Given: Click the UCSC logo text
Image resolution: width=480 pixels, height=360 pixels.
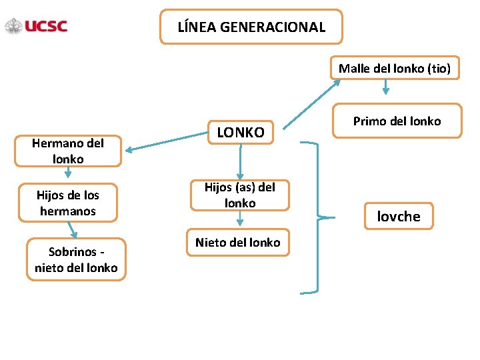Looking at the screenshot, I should [x=46, y=27].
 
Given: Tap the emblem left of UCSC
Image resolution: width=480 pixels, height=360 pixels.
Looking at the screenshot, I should [x=13, y=27].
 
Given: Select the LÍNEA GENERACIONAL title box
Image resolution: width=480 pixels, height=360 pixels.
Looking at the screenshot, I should [x=251, y=27].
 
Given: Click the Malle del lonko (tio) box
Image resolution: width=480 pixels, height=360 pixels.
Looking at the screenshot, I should [x=395, y=68].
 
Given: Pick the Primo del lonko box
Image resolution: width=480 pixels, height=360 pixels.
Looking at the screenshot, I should [x=397, y=121].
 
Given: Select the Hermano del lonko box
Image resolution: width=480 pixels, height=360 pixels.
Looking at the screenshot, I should [x=68, y=151].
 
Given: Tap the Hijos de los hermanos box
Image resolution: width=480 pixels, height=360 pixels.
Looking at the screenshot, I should [x=68, y=203].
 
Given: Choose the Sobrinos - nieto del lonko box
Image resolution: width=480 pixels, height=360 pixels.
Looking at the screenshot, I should [x=76, y=260].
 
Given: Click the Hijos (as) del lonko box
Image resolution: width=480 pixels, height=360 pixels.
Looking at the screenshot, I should [x=240, y=195].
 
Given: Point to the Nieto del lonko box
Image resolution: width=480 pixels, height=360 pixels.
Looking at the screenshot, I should [x=238, y=243].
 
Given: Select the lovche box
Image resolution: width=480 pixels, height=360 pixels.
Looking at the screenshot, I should [x=399, y=216].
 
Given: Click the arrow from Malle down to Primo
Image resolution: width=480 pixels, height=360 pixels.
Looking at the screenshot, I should [x=386, y=89].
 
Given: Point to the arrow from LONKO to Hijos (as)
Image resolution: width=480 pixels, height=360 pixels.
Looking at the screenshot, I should [x=240, y=162].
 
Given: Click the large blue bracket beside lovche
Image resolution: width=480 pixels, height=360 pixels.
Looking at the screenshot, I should [x=318, y=217].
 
